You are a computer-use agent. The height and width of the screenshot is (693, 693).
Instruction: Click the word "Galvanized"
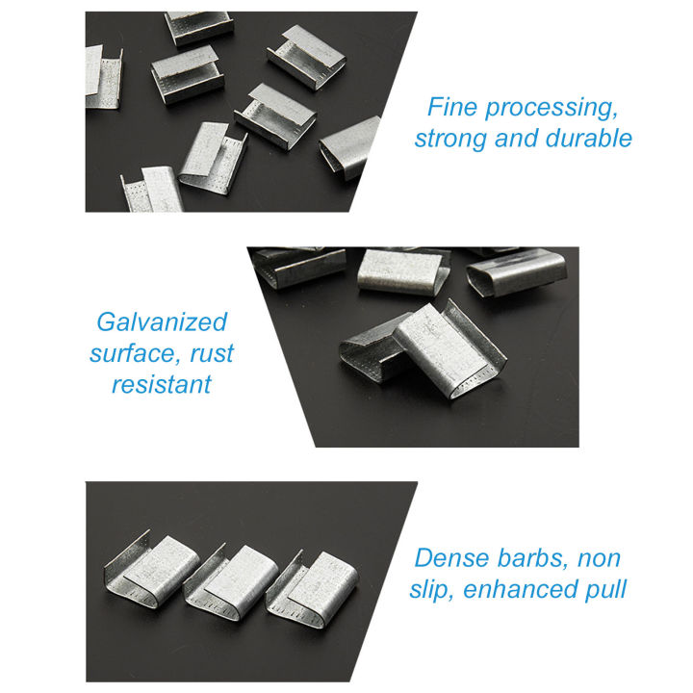tap(162, 321)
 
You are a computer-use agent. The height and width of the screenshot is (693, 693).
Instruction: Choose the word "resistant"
tap(161, 385)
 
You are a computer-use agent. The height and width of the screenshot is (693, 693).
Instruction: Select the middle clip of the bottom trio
tap(229, 577)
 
